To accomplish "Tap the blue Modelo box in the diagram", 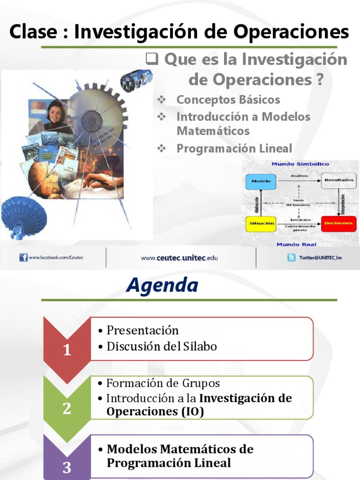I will [x=261, y=180].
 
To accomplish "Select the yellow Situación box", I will [x=261, y=224].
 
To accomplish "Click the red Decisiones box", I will [x=338, y=224].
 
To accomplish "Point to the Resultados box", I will [x=338, y=180].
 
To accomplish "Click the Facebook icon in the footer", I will [x=23, y=257].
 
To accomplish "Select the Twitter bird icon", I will [x=292, y=257].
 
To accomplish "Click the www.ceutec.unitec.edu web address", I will [x=180, y=257].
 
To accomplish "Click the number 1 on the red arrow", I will [x=67, y=350].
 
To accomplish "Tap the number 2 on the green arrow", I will [x=67, y=409].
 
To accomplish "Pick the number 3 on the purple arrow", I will [x=67, y=467].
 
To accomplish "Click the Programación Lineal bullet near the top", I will [x=234, y=149].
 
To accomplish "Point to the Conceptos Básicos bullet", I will [x=228, y=100].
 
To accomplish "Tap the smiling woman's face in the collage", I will [x=55, y=112].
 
